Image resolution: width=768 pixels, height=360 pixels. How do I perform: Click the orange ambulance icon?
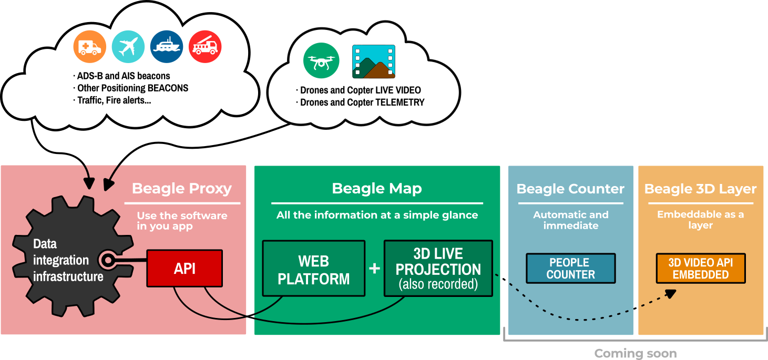89,47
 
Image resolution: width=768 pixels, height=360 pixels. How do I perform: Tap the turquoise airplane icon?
128,47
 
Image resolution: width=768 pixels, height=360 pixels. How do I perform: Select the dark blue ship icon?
167,47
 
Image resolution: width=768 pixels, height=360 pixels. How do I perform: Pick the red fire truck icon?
205,47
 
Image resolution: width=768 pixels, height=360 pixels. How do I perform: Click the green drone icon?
320,61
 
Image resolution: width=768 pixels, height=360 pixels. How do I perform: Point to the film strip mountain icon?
374,61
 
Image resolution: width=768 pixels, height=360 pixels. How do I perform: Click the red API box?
185,269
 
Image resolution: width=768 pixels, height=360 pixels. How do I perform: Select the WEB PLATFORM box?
314,269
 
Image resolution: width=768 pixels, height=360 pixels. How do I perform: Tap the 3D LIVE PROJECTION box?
438,269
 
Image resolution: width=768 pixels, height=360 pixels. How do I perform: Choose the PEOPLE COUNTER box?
570,269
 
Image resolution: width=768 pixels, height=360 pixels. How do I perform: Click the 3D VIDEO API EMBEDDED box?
700,269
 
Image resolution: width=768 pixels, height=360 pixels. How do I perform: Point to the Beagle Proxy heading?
182,189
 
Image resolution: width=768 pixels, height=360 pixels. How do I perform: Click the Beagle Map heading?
377,189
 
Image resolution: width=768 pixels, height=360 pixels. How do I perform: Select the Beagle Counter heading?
570,189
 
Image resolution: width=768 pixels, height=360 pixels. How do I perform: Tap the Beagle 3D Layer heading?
700,189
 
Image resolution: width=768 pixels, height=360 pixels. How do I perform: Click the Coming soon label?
635,354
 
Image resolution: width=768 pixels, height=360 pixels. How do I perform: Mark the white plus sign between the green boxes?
374,269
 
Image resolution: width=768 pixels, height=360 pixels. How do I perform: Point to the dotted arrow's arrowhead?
671,293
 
